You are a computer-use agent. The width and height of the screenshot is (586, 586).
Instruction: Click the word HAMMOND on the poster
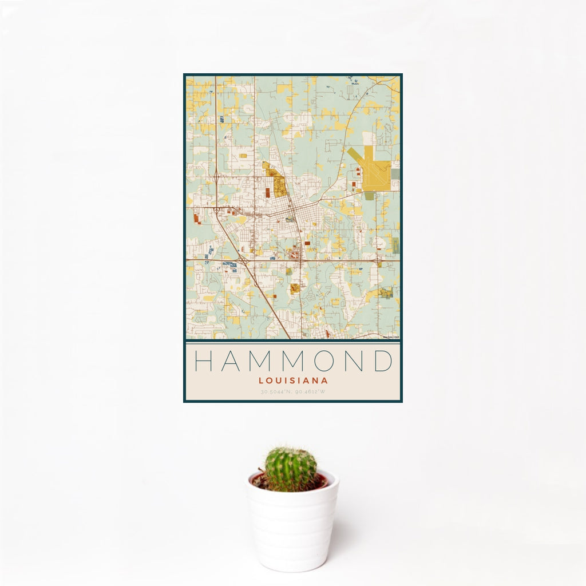[x=293, y=361]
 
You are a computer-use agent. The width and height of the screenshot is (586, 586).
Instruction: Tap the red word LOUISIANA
[x=293, y=380]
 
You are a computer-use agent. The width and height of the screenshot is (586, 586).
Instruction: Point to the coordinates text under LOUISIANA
[x=293, y=392]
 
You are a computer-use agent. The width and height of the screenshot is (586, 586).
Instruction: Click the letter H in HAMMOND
[x=204, y=361]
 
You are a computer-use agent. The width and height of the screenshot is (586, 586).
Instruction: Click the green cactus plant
[x=290, y=469]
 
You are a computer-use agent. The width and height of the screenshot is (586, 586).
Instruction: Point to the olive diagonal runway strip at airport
[x=355, y=158]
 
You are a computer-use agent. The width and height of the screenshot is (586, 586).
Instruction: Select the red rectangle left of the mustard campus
[x=267, y=192]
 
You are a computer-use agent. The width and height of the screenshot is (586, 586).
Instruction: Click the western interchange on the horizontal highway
[x=244, y=261]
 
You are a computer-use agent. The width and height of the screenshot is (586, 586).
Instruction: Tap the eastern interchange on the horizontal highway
[x=378, y=260]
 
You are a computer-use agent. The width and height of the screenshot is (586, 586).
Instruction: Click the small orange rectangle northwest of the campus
[x=243, y=156]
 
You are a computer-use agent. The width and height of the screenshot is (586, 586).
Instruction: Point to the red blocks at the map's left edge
[x=196, y=218]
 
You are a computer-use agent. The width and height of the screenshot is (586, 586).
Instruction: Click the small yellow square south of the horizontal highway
[x=295, y=288]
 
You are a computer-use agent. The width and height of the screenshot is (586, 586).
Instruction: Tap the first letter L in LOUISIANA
[x=260, y=380]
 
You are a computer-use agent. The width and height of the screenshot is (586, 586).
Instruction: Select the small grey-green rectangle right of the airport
[x=395, y=171]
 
